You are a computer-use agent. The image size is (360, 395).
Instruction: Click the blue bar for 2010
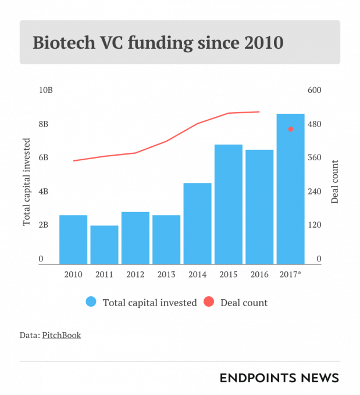[x=73, y=239]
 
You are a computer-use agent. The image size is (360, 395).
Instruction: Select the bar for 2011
[x=105, y=245]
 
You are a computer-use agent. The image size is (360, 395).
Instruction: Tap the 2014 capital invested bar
[x=198, y=224]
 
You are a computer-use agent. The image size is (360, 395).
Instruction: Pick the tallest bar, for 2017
[x=291, y=189]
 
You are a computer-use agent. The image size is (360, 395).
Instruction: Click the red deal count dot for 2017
[x=291, y=129]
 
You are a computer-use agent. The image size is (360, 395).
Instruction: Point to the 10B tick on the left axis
[x=46, y=90]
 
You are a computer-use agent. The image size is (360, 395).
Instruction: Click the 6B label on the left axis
[x=44, y=157]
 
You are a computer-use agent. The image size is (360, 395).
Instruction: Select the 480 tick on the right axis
[x=314, y=124]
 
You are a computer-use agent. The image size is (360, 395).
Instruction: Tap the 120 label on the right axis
[x=314, y=225]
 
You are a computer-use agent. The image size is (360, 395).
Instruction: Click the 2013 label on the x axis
[x=166, y=274]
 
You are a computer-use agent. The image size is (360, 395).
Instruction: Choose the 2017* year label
[x=291, y=274]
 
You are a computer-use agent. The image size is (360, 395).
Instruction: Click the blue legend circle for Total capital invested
[x=91, y=302]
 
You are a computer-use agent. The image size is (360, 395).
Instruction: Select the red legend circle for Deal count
[x=209, y=302]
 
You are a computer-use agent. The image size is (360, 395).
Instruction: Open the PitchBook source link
[x=62, y=335]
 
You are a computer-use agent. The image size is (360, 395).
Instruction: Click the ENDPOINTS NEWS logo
[x=279, y=378]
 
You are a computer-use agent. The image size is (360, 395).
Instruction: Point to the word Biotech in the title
[x=64, y=42]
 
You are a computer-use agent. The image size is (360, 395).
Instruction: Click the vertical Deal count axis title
[x=334, y=182]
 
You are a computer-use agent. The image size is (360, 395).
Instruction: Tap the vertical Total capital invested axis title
[x=27, y=182]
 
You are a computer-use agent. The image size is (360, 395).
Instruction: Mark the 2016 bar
[x=259, y=207]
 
